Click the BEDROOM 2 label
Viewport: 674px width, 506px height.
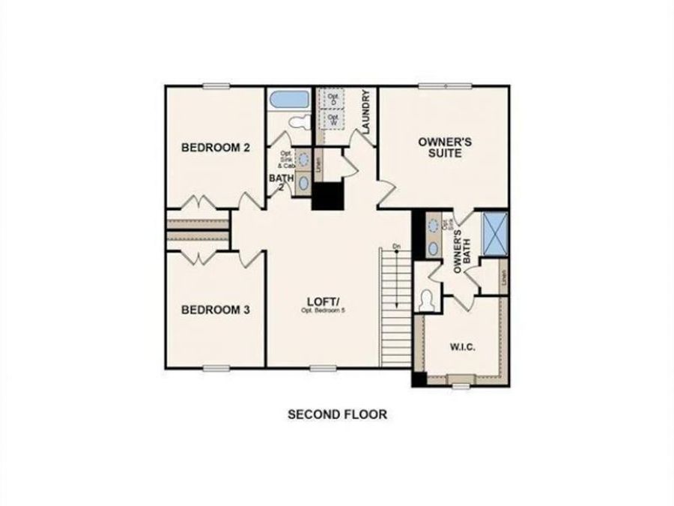coord(216,148)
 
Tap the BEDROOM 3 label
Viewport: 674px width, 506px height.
coord(216,309)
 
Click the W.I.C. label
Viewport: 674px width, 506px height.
coord(463,347)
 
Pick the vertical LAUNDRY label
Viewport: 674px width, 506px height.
coord(366,112)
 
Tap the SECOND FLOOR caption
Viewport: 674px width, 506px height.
coord(338,414)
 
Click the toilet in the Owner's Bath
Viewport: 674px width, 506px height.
coord(428,300)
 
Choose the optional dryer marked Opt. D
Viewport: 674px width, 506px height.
coord(332,99)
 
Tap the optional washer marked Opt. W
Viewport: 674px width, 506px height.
coord(332,119)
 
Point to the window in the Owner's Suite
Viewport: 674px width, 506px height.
coord(444,85)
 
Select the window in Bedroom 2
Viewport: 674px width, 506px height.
coord(215,85)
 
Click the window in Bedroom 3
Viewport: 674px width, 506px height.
coord(215,367)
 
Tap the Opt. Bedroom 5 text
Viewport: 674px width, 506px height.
coord(323,310)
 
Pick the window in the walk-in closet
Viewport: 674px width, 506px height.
coord(461,385)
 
